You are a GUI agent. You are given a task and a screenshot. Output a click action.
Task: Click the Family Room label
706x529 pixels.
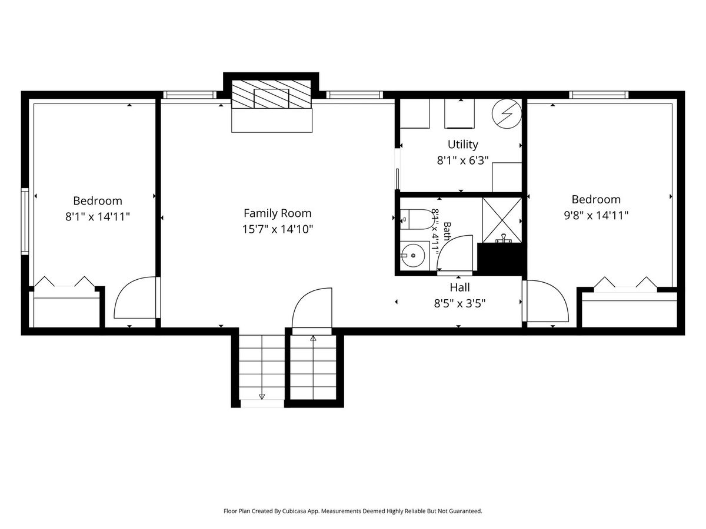tap(277, 213)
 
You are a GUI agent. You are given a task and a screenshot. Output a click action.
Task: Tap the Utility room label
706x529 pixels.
tap(462, 145)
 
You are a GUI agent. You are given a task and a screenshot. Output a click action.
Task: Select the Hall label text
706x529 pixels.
tap(459, 287)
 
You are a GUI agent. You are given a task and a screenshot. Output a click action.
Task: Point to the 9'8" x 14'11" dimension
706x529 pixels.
tap(596, 215)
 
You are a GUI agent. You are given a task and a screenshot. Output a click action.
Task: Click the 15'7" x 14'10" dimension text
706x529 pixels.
tap(277, 229)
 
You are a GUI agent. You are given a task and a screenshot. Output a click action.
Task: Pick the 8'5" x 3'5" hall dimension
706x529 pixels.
tap(459, 303)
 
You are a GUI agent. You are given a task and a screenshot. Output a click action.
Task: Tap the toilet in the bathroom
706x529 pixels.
tap(417, 219)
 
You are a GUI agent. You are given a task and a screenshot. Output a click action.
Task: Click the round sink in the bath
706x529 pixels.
tap(413, 256)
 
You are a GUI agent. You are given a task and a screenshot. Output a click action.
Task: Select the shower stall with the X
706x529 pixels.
tap(502, 220)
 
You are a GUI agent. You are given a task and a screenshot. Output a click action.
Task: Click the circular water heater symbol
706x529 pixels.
tap(507, 113)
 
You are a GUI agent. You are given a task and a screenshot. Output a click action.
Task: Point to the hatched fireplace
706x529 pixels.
tap(271, 94)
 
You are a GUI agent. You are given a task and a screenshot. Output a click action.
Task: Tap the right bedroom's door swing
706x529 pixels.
tap(545, 300)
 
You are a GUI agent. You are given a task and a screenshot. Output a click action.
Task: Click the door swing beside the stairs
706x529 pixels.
tap(312, 307)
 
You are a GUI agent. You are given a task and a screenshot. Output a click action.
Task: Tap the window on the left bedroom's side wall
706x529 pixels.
tap(25, 222)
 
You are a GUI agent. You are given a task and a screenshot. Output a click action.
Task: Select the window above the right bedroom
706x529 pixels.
tap(598, 95)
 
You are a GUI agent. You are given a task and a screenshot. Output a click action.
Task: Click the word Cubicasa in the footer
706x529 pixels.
tap(295, 511)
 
